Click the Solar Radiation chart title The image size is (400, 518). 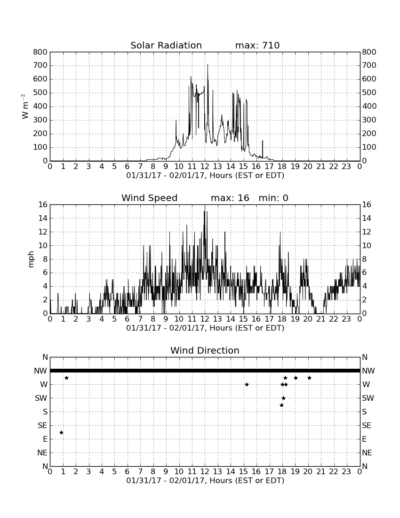coord(166,45)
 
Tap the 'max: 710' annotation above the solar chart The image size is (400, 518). coord(257,45)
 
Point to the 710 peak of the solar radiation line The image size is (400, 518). coord(208,65)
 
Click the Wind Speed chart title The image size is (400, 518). coord(150,198)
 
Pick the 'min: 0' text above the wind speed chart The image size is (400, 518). coord(273,198)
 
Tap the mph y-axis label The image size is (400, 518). coord(31,259)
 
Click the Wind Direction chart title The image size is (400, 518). coord(205,350)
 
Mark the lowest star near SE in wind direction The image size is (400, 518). coord(61,432)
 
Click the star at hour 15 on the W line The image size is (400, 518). coord(247,384)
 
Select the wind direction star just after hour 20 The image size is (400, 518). coord(309,378)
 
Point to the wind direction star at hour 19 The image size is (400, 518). coord(296,378)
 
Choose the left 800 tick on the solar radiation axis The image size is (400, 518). coord(40,52)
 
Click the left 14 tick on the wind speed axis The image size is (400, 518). coord(43,219)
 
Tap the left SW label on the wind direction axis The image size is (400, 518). coord(41,398)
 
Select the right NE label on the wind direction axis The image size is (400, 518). coord(367,453)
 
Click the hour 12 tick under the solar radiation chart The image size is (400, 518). coord(205,167)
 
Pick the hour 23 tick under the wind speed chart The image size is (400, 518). coord(346,319)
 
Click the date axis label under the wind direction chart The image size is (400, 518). coord(205,480)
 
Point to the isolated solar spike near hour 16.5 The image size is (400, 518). coord(263,149)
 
